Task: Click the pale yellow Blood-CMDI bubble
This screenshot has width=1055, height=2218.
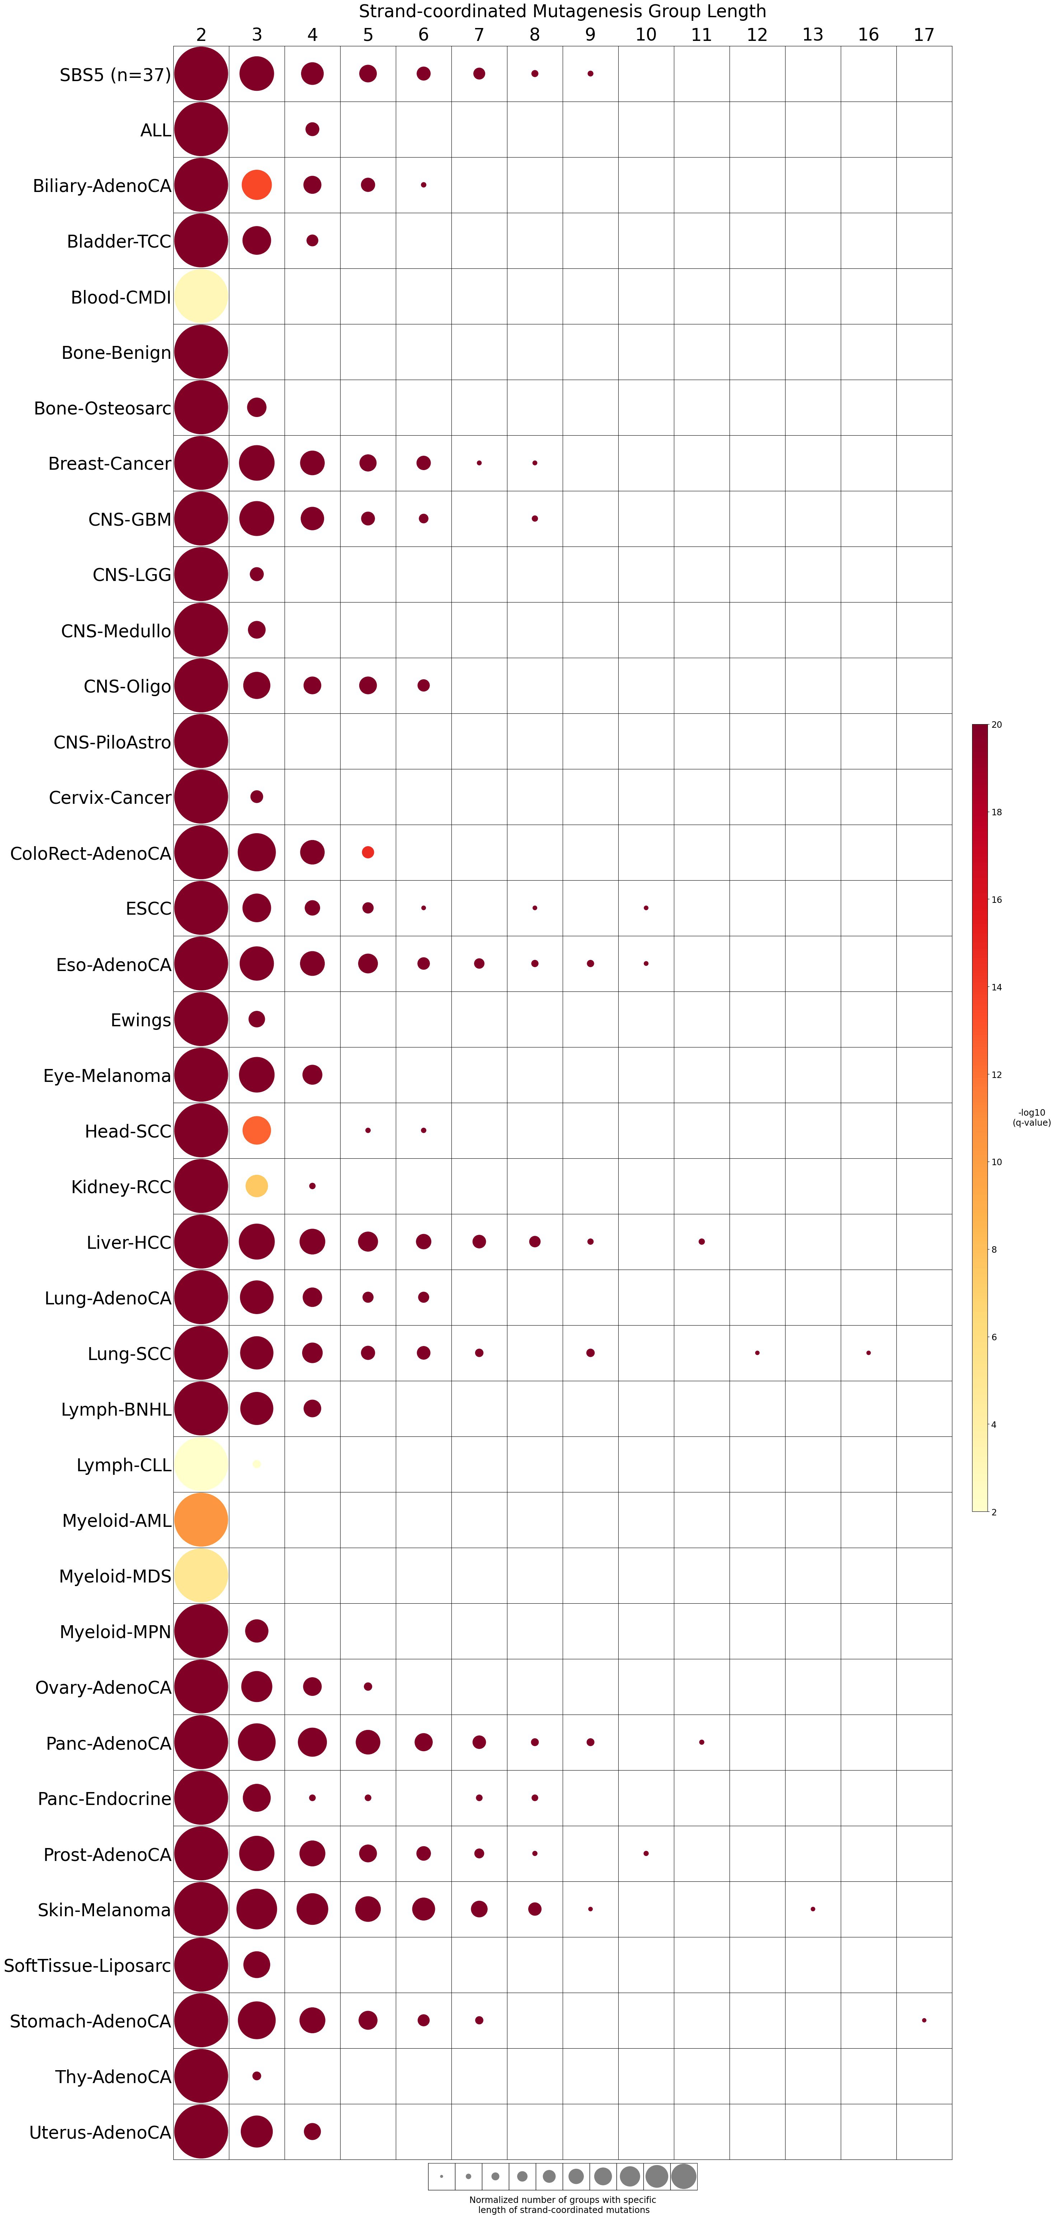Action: click(x=201, y=296)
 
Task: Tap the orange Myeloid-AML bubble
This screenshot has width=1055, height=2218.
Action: click(x=201, y=1520)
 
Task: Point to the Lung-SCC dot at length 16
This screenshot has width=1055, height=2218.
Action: click(x=868, y=1353)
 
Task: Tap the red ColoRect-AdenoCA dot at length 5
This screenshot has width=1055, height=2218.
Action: click(x=368, y=852)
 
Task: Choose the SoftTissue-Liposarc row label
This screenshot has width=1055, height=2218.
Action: click(x=87, y=1965)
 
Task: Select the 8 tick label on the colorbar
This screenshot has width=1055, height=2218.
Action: click(x=994, y=1249)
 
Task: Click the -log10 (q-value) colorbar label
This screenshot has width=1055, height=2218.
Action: click(x=1031, y=1117)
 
